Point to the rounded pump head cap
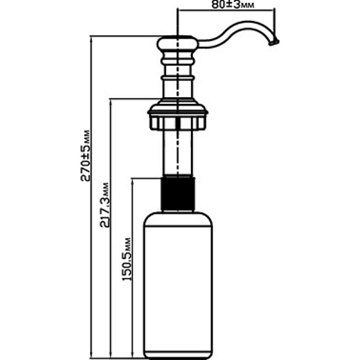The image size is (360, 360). coord(178,44)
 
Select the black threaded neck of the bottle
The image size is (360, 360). coord(178,192)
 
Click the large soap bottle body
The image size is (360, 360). coord(178,282)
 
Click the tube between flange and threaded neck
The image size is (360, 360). coord(178,153)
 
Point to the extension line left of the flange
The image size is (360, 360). coord(129,99)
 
